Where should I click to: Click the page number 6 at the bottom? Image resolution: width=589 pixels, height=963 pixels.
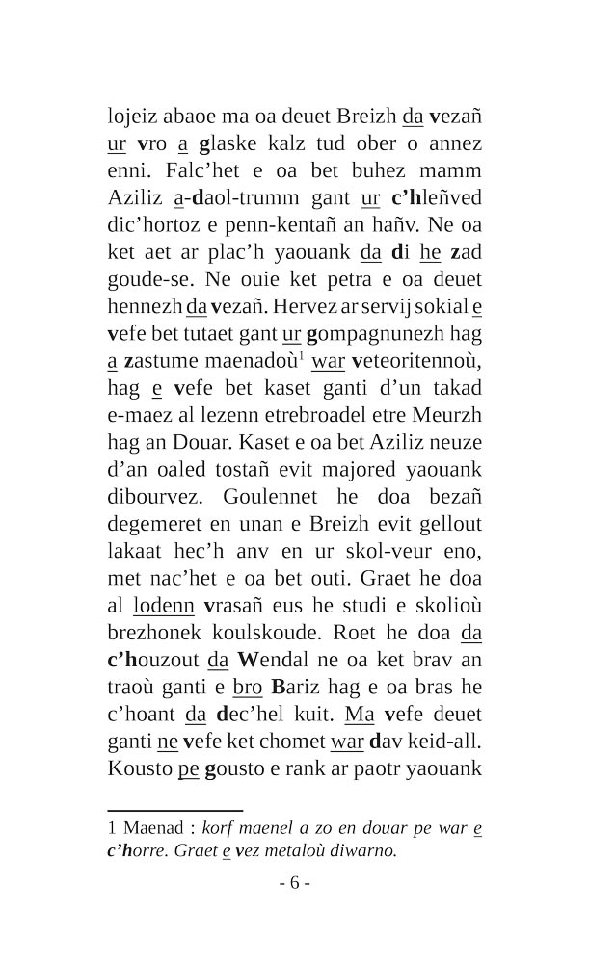[295, 884]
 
